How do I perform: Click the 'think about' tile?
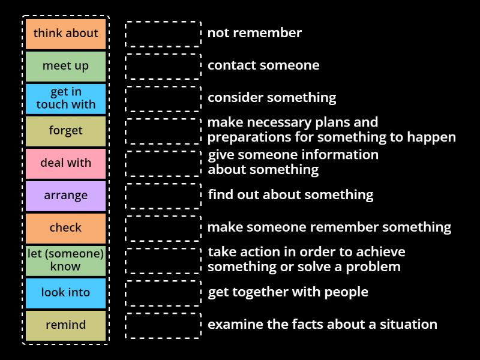pyautogui.click(x=65, y=34)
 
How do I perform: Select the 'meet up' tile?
pyautogui.click(x=65, y=66)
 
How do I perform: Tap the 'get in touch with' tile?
pyautogui.click(x=65, y=98)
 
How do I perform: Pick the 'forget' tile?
pyautogui.click(x=65, y=131)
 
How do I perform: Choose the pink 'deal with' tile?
pyautogui.click(x=65, y=163)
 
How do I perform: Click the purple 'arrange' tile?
pyautogui.click(x=65, y=196)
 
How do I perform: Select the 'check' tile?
pyautogui.click(x=65, y=228)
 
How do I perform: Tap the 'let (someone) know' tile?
pyautogui.click(x=65, y=260)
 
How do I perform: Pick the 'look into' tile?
pyautogui.click(x=65, y=293)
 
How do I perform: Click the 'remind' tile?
pyautogui.click(x=65, y=325)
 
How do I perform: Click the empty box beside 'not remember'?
pyautogui.click(x=163, y=34)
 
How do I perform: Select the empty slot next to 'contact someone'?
pyautogui.click(x=163, y=66)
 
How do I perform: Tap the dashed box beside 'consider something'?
pyautogui.click(x=163, y=98)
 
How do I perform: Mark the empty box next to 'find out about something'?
pyautogui.click(x=163, y=196)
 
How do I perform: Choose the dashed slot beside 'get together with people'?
pyautogui.click(x=163, y=293)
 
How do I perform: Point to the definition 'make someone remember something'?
pyautogui.click(x=329, y=227)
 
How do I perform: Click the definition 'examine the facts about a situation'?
pyautogui.click(x=322, y=325)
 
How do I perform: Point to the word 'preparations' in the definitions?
pyautogui.click(x=245, y=137)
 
